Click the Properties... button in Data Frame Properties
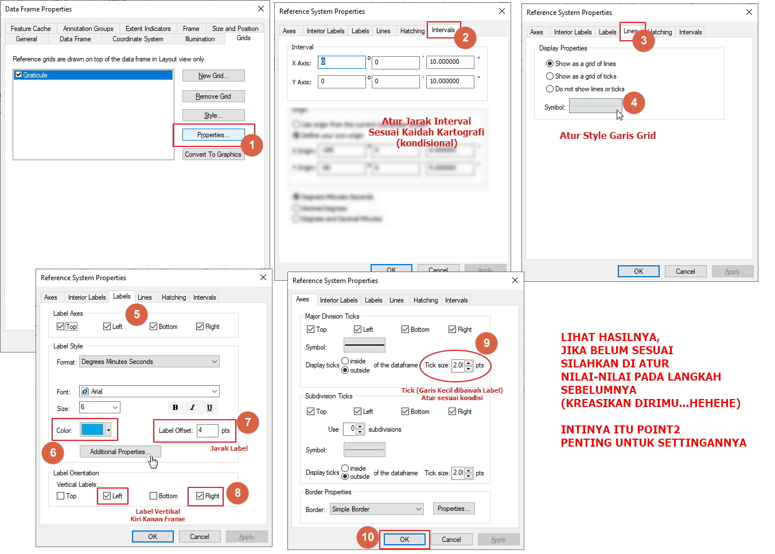pos(213,135)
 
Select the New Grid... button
pos(213,76)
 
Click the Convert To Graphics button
pos(213,154)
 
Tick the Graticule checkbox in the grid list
pos(19,75)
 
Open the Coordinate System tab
pos(138,39)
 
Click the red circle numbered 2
pos(465,38)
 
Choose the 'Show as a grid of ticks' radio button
pos(550,76)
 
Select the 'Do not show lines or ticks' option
pos(550,89)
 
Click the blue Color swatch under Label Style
pos(92,429)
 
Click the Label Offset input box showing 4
pos(207,431)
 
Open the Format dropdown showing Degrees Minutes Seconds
pos(149,362)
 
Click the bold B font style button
pos(176,408)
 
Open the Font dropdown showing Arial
pos(149,392)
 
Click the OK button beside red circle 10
pos(404,540)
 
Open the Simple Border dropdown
pos(377,509)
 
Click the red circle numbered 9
pos(486,343)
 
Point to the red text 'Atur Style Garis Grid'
pos(607,136)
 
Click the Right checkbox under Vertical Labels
pos(200,496)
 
